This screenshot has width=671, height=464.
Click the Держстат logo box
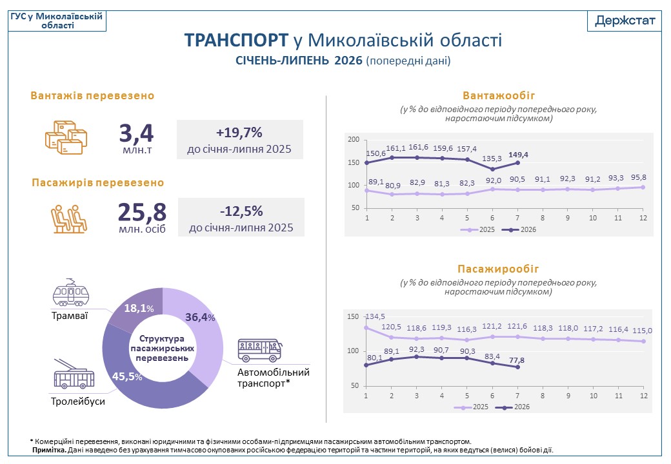click(x=625, y=21)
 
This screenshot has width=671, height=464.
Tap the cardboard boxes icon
click(x=66, y=137)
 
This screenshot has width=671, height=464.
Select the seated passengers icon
click(x=69, y=219)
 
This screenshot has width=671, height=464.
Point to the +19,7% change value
click(x=239, y=133)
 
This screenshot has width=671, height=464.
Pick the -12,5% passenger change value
click(x=241, y=211)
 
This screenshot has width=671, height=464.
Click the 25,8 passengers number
click(x=142, y=213)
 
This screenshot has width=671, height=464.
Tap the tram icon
click(x=70, y=293)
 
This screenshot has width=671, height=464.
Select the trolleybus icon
click(x=74, y=374)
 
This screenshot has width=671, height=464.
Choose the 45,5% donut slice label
click(x=127, y=376)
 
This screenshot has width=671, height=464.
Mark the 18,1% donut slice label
click(x=139, y=308)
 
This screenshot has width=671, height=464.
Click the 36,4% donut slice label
click(x=200, y=317)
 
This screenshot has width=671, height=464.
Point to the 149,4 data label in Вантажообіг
click(x=518, y=155)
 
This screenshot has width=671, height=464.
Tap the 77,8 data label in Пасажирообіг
click(x=517, y=360)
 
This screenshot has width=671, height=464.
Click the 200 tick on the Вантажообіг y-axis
click(x=354, y=139)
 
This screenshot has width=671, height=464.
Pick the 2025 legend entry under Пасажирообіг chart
click(x=471, y=407)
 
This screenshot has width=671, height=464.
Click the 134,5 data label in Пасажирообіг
click(x=376, y=316)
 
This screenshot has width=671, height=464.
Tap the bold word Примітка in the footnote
click(x=50, y=450)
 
